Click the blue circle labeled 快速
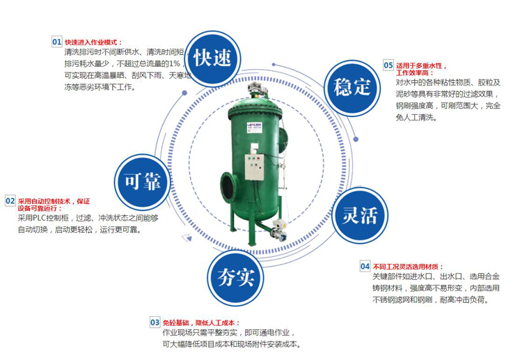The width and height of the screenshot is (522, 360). pyautogui.click(x=212, y=58)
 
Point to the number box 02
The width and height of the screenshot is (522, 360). pyautogui.click(x=10, y=201)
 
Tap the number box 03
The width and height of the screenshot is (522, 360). pyautogui.click(x=155, y=322)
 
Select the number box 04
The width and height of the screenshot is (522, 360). pyautogui.click(x=365, y=267)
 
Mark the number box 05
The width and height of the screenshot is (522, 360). pyautogui.click(x=388, y=65)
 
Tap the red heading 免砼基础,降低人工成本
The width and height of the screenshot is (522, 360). pyautogui.click(x=200, y=323)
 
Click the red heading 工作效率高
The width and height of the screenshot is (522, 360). pyautogui.click(x=415, y=72)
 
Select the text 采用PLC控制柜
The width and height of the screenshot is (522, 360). pyautogui.click(x=43, y=218)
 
